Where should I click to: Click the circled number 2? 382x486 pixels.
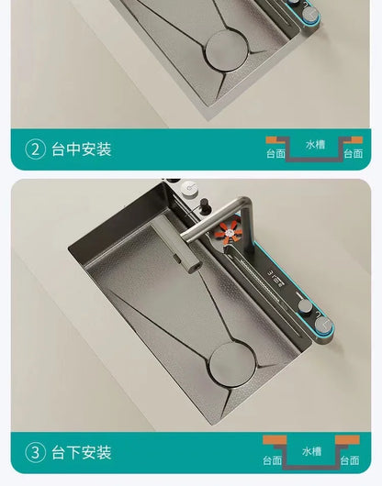click(36, 149)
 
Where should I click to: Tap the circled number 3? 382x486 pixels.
click(36, 452)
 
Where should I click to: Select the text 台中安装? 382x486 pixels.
click(82, 149)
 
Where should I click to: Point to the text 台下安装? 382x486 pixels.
click(82, 452)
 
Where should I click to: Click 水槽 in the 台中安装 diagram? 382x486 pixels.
click(315, 145)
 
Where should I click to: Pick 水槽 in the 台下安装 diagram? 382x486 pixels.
click(312, 451)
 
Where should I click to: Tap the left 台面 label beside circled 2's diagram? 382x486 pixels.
click(275, 153)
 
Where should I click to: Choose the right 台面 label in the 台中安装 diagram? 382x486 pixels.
click(354, 153)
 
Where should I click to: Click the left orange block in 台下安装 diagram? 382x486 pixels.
click(275, 440)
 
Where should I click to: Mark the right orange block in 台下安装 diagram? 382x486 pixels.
click(347, 440)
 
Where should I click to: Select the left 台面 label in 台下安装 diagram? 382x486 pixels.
click(273, 460)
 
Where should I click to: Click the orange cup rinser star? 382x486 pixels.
click(228, 231)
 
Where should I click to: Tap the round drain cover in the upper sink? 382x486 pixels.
click(227, 50)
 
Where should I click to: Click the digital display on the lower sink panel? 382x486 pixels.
click(275, 277)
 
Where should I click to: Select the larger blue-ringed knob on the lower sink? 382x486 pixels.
click(323, 326)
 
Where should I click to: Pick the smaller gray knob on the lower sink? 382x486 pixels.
click(306, 306)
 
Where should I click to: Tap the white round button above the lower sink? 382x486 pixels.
click(189, 189)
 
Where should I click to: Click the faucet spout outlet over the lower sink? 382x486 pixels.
click(194, 265)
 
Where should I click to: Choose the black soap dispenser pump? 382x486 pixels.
click(205, 205)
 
